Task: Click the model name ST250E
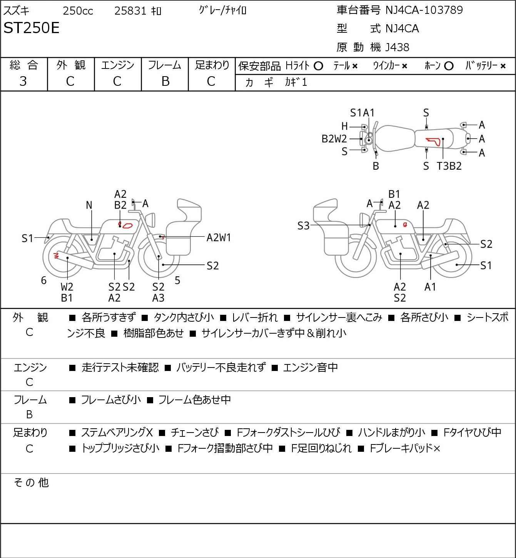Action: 32,28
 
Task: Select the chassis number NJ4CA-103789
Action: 424,10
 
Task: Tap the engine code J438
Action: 397,47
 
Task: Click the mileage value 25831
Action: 130,11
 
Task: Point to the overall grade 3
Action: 23,81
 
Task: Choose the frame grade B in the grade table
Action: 165,81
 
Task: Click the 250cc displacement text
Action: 78,11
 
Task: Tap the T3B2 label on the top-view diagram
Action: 449,166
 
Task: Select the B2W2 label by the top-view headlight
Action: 334,139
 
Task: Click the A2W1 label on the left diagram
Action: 219,237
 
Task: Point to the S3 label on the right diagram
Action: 303,226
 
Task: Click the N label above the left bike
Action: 89,205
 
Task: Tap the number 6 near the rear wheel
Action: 44,280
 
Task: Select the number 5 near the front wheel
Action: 177,280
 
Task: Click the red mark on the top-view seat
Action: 433,141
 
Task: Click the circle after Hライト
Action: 318,66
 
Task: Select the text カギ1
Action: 296,82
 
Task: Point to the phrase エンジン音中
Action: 310,368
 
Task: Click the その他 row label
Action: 31,482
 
